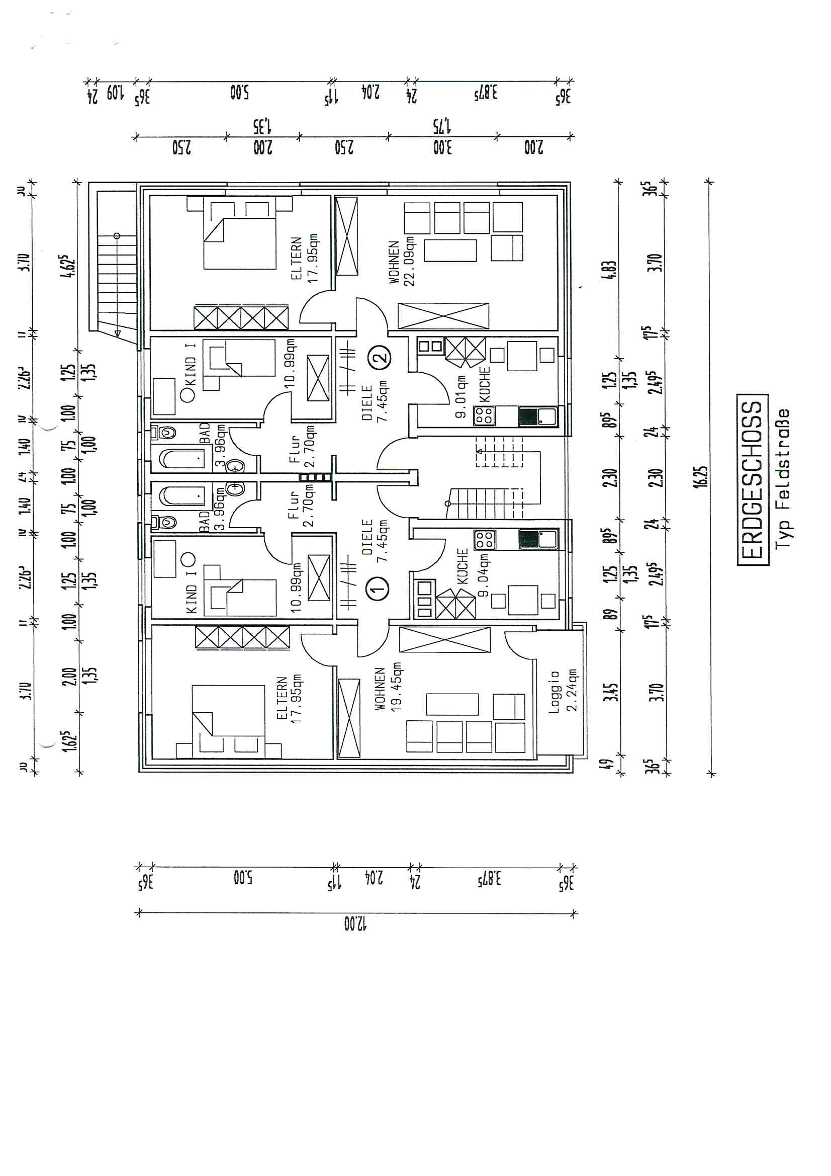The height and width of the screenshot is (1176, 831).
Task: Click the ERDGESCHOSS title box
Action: click(x=753, y=479)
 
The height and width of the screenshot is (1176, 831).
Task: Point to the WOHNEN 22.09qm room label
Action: click(x=401, y=262)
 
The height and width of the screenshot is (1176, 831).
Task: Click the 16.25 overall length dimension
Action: click(x=701, y=477)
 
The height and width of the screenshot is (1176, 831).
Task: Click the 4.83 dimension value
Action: click(x=610, y=270)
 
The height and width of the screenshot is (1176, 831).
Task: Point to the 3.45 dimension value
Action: click(x=611, y=692)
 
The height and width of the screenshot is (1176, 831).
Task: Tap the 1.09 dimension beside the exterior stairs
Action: click(x=115, y=94)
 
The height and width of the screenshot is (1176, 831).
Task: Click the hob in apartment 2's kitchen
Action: click(x=484, y=415)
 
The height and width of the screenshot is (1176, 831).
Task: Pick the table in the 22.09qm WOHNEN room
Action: click(x=450, y=250)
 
